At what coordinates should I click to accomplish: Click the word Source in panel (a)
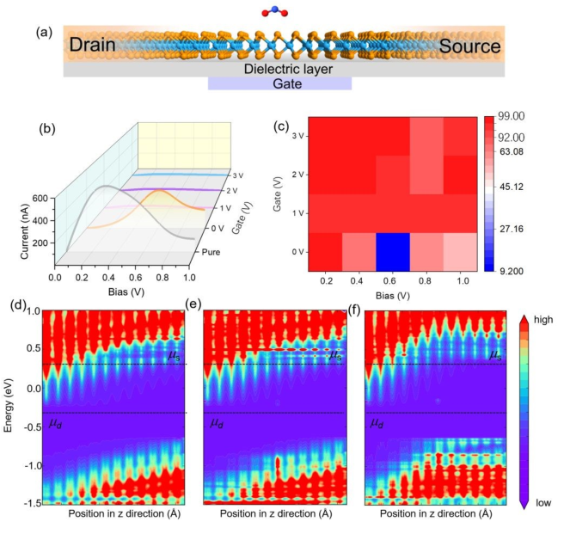click(x=469, y=46)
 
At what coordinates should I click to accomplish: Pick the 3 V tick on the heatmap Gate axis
click(x=296, y=135)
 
